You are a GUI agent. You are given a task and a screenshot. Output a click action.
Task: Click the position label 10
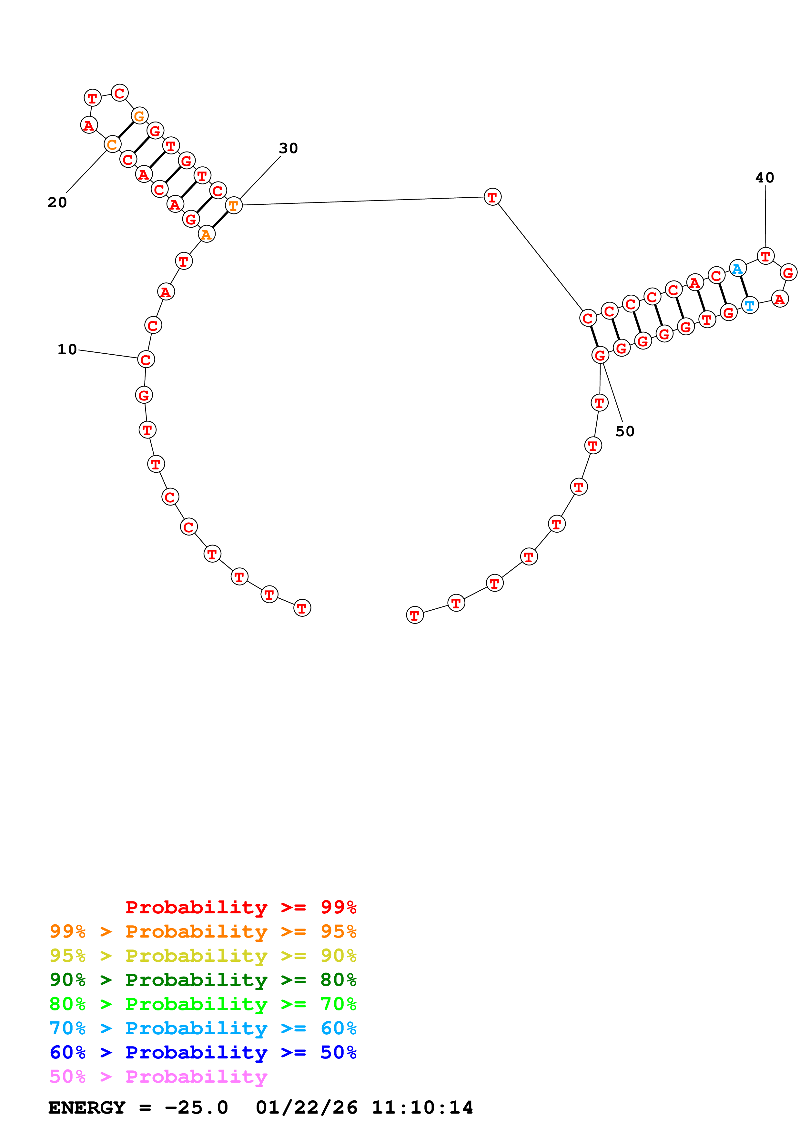[x=67, y=349]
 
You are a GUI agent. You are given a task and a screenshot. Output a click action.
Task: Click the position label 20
[x=57, y=202]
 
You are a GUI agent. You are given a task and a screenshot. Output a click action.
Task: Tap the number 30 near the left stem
[x=289, y=148]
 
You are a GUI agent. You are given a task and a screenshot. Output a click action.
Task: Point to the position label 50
[x=624, y=431]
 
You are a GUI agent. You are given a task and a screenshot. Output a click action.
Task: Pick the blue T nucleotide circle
[x=750, y=305]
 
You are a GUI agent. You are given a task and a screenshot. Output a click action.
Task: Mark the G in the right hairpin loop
[x=788, y=272]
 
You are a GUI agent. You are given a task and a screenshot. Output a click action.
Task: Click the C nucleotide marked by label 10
[x=146, y=359]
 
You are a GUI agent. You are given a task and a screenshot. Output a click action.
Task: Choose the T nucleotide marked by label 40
[x=765, y=256]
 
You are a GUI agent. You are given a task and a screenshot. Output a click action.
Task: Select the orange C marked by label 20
[x=112, y=144]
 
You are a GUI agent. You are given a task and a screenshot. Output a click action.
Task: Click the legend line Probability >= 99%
[x=240, y=907]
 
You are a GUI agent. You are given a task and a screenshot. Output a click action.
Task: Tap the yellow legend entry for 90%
[x=203, y=956]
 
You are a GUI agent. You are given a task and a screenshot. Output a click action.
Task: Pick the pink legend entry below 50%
[x=158, y=1076]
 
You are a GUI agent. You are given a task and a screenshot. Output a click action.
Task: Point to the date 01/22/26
[x=306, y=1107]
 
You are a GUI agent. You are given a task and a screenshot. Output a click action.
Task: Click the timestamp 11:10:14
[x=422, y=1107]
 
